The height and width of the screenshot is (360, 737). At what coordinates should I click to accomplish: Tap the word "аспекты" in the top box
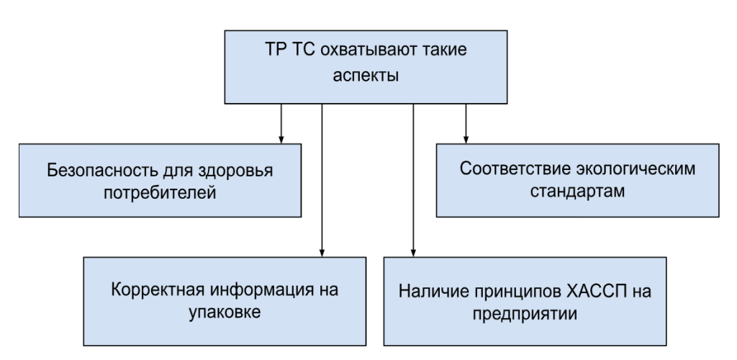click(x=366, y=76)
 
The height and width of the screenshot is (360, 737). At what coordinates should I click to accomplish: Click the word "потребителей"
click(x=160, y=193)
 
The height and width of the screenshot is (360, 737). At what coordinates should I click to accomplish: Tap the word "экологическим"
click(x=632, y=168)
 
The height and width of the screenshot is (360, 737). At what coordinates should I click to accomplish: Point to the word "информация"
click(x=254, y=289)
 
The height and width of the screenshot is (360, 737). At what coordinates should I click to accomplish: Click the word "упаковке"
click(x=225, y=313)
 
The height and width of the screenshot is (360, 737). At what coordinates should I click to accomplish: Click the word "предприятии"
click(x=525, y=314)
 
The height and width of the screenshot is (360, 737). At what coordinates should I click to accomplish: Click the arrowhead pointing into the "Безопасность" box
click(x=281, y=140)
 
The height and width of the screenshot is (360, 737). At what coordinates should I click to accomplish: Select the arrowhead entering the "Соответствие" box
click(x=466, y=140)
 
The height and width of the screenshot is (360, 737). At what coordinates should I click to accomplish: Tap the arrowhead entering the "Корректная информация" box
click(x=322, y=253)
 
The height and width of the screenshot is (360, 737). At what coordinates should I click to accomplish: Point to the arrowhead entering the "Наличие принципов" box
click(x=413, y=253)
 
